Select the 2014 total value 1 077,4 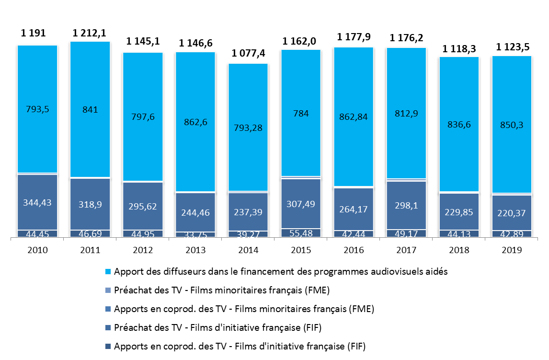[248, 53]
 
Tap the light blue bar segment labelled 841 [90, 109]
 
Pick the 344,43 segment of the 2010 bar [38, 202]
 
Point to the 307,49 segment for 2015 [301, 203]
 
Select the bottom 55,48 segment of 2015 [301, 232]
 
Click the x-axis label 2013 [195, 250]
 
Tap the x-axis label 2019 [512, 250]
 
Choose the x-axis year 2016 [354, 250]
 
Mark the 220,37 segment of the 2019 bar [512, 213]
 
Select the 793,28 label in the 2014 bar [248, 128]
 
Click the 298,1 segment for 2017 [407, 205]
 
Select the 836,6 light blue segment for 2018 [459, 125]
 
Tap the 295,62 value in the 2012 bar [143, 207]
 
